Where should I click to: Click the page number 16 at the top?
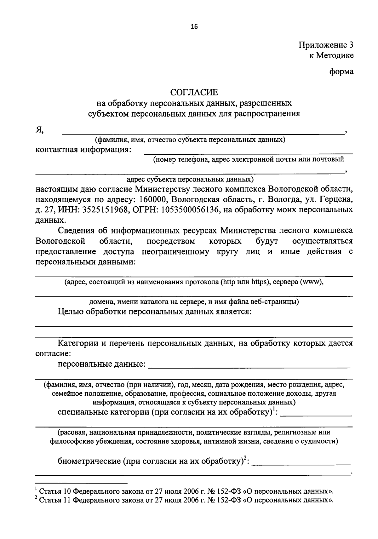tap(194, 27)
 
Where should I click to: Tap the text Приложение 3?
tap(326, 45)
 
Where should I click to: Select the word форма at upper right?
tap(341, 72)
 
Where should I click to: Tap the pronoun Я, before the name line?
tap(39, 130)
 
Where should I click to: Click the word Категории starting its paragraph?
tap(78, 343)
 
